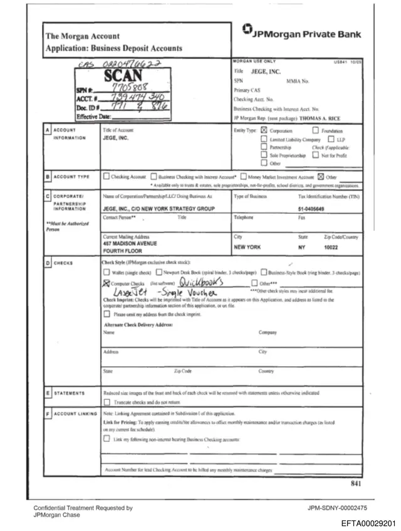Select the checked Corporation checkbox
(264, 130)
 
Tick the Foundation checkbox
(315, 130)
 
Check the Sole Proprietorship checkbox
(264, 155)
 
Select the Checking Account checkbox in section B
(105, 177)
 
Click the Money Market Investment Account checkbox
(242, 177)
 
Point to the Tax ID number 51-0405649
(312, 208)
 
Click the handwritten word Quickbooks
(193, 283)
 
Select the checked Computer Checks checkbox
(105, 283)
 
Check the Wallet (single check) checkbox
(105, 273)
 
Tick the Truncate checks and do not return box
(106, 402)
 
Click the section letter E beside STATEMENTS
(48, 393)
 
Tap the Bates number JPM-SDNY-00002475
(337, 507)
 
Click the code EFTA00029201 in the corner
(368, 522)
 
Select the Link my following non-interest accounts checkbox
(106, 440)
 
